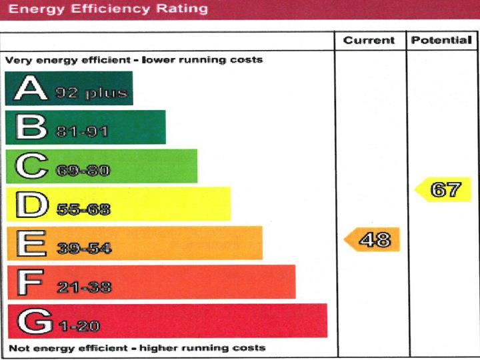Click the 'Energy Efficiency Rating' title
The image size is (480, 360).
coord(108,9)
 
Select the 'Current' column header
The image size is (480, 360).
coord(369,41)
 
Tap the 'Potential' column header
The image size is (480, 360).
coord(441,41)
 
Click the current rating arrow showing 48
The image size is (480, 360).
coord(373,239)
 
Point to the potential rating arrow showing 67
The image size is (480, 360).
coord(444,190)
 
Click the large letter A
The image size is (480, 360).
coord(31,89)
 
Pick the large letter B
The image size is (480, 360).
coord(31,127)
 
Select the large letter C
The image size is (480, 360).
coord(31,166)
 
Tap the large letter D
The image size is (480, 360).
coord(31,205)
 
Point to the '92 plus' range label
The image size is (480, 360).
coord(91,93)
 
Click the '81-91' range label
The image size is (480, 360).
coord(83,131)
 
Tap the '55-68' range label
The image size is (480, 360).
coord(83,209)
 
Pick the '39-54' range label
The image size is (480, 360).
coord(83,249)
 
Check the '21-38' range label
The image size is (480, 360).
coord(83,287)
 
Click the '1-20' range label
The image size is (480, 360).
coord(79,326)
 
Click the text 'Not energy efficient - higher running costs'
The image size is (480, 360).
coord(137,348)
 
